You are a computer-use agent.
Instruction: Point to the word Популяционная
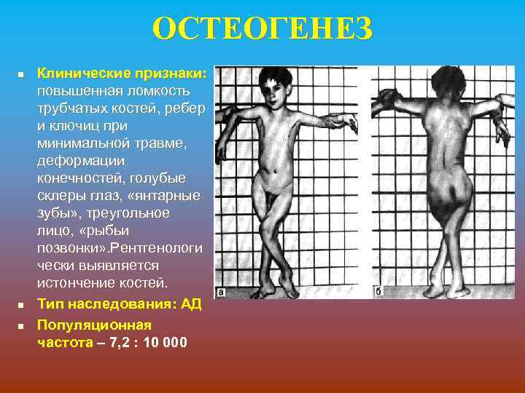[x=95, y=325]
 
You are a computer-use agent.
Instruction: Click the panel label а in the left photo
[x=219, y=293]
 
